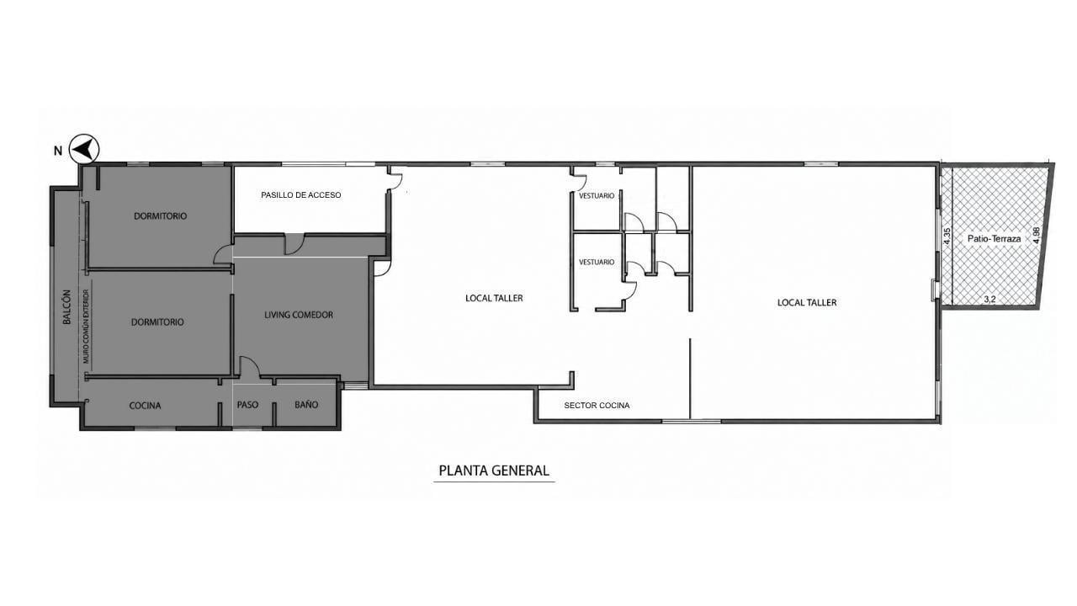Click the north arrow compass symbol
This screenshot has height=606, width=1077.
coord(84,149)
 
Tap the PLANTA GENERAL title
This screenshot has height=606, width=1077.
coord(494,470)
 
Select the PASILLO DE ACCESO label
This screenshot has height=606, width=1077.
coord(301,194)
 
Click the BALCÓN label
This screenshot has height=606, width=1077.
coord(66,307)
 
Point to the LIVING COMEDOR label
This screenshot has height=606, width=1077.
coord(299,315)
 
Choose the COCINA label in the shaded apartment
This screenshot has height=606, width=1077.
coord(146,406)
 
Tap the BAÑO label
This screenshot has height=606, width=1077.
coord(306,405)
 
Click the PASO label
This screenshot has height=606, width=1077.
coord(247,405)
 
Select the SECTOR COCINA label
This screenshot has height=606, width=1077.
coord(597,406)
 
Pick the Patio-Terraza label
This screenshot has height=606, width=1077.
coord(994,238)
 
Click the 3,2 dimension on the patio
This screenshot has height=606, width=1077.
coord(989,299)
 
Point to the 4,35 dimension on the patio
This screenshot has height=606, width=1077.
coord(947,237)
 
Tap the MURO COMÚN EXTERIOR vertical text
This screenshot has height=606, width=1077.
coord(86,326)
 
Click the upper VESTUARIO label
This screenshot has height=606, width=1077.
coord(597,196)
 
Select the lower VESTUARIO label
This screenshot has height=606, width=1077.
coord(597,262)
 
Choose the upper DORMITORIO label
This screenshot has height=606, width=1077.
coord(160,216)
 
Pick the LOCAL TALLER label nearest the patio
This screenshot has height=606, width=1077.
coord(807,302)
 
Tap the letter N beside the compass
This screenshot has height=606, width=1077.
coord(58,151)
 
